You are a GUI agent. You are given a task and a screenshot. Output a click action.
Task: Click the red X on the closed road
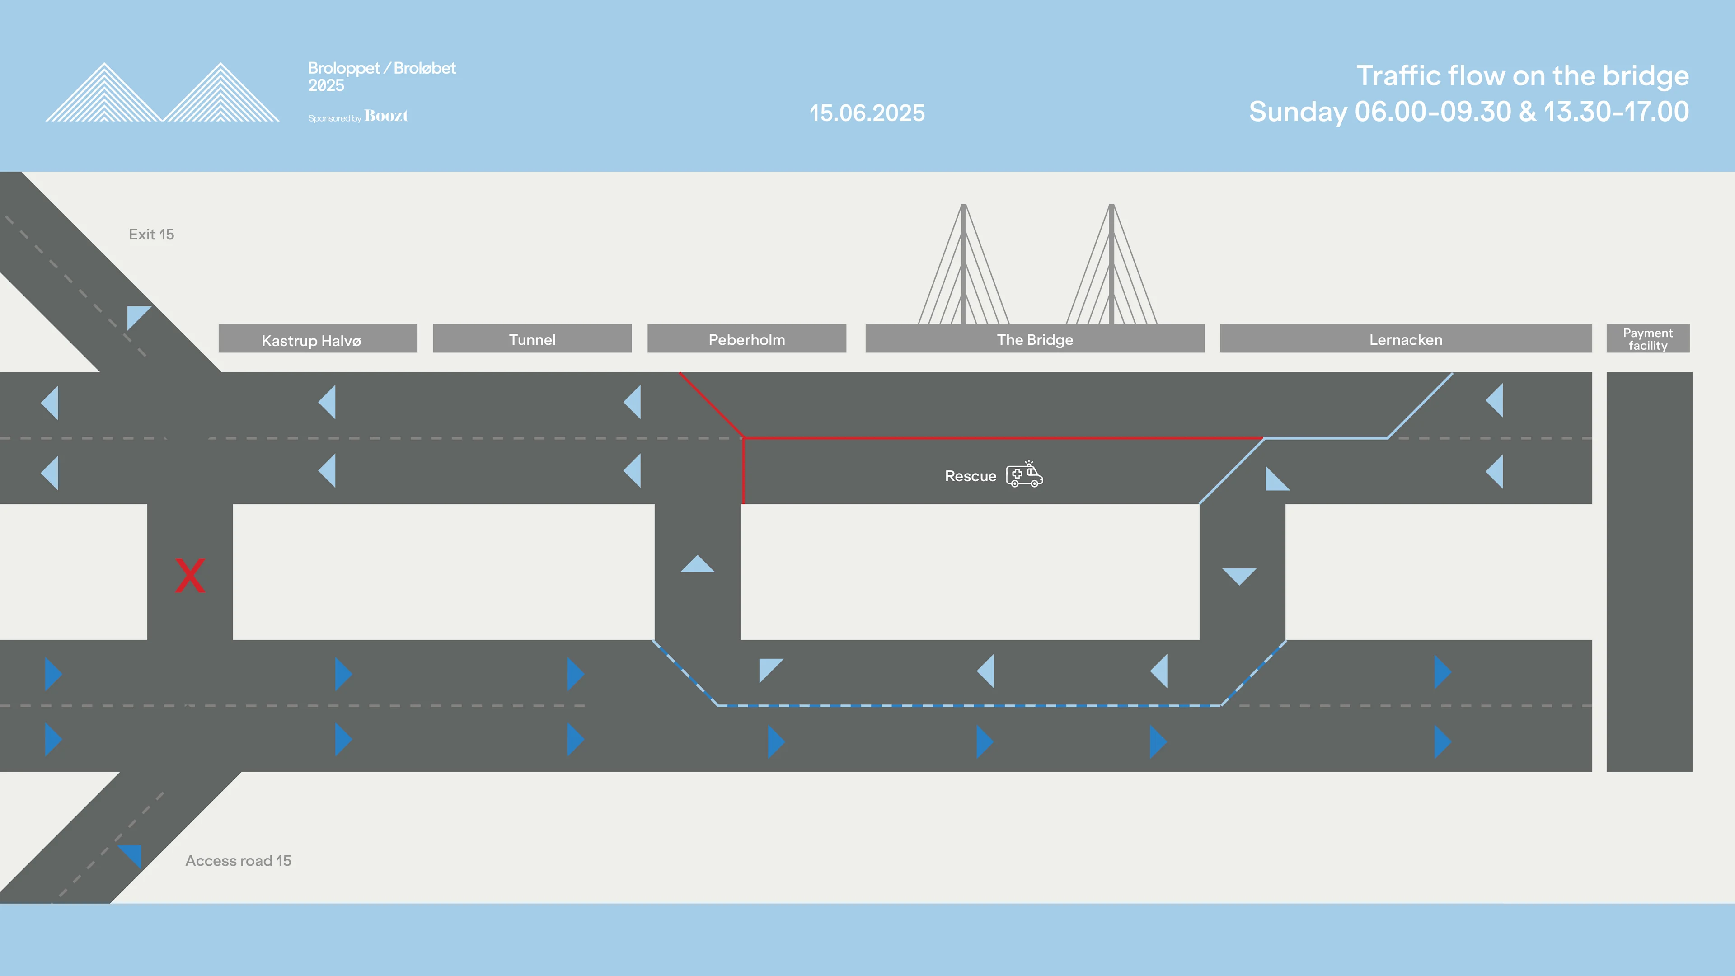point(190,576)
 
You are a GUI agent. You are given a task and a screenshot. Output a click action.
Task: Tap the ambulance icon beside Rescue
point(1024,474)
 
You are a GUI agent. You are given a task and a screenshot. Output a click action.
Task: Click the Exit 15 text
point(151,235)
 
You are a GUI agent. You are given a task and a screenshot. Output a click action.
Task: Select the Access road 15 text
point(239,861)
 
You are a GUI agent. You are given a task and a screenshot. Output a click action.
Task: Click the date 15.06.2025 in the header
point(867,113)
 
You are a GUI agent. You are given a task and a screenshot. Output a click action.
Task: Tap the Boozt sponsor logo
point(386,116)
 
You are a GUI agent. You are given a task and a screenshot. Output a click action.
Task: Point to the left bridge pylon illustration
point(964,264)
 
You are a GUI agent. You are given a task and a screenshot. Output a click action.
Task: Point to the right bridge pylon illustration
point(1112,264)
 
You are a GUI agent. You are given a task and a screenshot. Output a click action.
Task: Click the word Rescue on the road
point(971,476)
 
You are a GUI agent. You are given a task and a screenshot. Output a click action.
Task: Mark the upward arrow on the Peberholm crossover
point(697,564)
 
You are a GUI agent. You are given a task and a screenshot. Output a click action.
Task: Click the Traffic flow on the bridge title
point(1522,76)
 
